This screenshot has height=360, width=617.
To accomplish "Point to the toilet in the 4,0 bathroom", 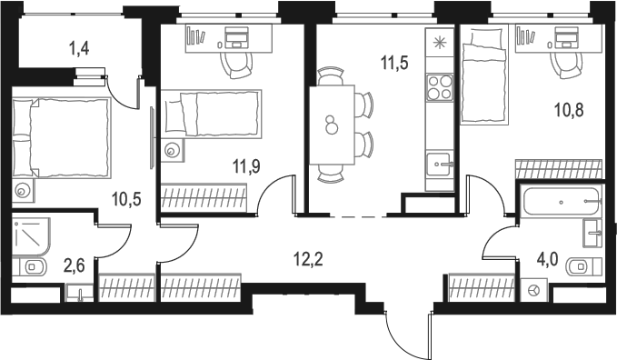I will coord(582,266).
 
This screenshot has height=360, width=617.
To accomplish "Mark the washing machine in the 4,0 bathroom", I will coord(533,291).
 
